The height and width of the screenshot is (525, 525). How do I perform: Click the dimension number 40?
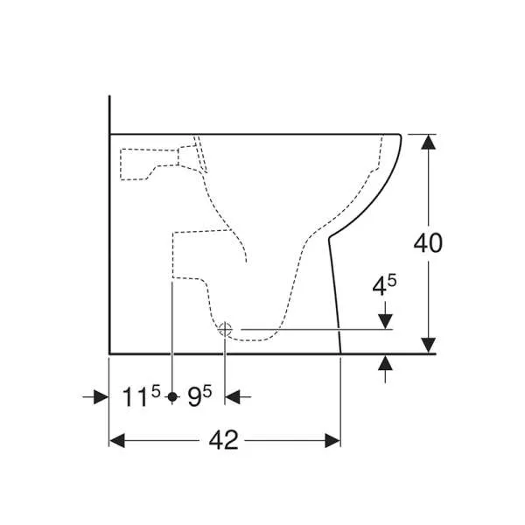[x=428, y=242]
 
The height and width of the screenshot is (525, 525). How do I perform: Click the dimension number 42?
[x=224, y=440]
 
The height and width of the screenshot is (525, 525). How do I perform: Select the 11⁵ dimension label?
[x=141, y=396]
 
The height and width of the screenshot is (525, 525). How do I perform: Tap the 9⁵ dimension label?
[x=199, y=396]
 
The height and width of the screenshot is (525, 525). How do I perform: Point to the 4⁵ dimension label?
[x=384, y=285]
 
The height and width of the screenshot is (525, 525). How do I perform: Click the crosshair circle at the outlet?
[x=225, y=330]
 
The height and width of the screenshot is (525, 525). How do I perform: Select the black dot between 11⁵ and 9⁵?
[x=172, y=396]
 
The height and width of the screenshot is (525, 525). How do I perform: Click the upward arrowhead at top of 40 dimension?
[x=428, y=142]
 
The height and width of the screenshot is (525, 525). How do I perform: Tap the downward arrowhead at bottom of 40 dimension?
[x=428, y=346]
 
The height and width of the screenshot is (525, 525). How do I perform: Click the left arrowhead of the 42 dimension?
[x=117, y=440]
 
